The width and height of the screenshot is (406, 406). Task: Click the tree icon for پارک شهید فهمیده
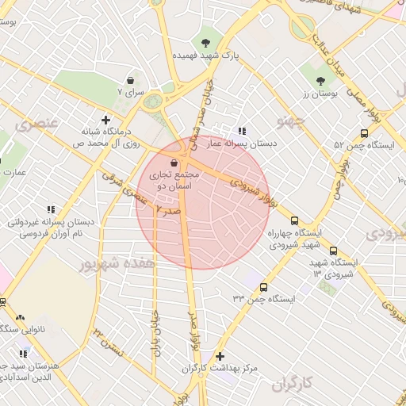206,41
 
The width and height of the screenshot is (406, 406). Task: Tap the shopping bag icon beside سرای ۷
130,80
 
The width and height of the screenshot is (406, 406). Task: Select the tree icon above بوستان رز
320,80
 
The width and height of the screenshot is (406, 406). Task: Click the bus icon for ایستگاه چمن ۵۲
364,133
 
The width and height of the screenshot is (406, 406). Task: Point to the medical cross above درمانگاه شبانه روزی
105,120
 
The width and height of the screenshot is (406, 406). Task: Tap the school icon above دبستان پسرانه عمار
242,131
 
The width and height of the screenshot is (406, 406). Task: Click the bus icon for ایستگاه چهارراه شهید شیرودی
295,220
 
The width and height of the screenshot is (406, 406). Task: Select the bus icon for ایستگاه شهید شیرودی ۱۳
333,250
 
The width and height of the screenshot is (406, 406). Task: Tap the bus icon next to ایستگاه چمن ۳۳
263,288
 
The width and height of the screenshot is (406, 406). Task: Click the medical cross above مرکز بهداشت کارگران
220,356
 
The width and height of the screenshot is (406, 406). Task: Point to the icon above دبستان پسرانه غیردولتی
51,209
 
